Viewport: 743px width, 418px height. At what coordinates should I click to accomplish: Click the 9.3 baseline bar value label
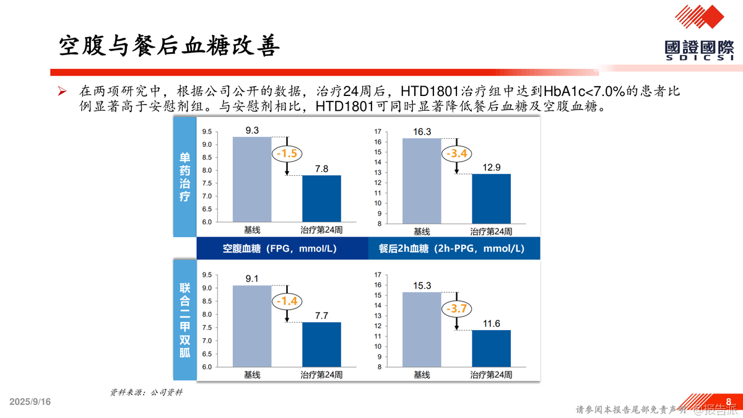click(x=252, y=130)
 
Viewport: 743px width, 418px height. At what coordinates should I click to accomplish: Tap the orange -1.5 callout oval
click(x=287, y=154)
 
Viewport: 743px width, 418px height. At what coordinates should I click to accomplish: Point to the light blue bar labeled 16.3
click(x=422, y=181)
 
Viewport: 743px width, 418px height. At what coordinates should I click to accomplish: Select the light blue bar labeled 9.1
click(x=252, y=326)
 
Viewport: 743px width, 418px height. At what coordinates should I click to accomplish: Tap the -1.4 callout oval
click(x=287, y=302)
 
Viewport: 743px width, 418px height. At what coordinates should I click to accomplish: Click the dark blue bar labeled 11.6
click(x=491, y=348)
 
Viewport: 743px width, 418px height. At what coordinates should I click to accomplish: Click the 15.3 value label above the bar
click(x=422, y=285)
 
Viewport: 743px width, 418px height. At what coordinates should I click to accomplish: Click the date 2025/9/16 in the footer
click(x=30, y=402)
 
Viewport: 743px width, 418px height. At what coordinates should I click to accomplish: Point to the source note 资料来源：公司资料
click(x=147, y=392)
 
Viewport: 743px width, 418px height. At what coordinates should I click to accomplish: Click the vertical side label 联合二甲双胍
click(x=185, y=320)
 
